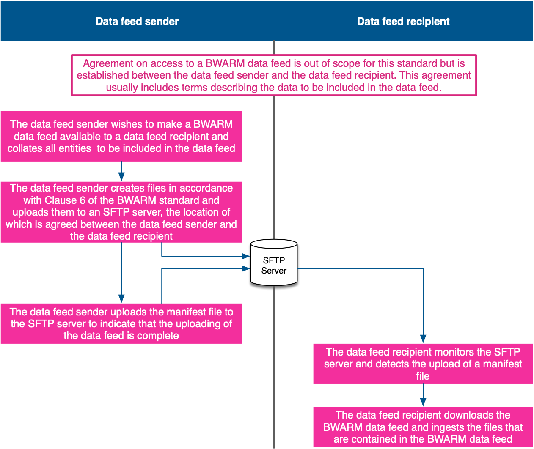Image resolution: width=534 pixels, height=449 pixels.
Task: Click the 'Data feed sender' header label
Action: [137, 22]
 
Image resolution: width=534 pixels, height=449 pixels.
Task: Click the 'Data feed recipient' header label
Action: [403, 22]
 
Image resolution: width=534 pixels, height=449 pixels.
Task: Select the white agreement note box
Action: [274, 75]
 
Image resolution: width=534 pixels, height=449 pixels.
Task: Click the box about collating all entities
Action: [121, 136]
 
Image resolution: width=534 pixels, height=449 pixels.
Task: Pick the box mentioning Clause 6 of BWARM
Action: [121, 212]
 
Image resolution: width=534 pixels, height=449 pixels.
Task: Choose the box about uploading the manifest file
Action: [121, 323]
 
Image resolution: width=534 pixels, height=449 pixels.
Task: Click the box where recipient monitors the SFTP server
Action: [423, 364]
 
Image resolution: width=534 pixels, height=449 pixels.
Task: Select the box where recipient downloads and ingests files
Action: [423, 427]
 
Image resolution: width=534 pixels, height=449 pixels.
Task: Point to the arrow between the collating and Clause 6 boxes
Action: [121, 172]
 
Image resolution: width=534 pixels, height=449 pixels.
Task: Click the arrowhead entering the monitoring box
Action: [423, 339]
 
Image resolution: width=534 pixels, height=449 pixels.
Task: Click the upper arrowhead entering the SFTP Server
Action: [246, 256]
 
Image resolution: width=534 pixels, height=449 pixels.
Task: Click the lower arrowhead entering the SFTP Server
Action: [246, 268]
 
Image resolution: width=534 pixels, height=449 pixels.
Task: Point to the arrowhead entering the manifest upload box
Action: [121, 298]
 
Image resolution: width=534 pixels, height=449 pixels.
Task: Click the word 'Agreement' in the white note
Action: [104, 63]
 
